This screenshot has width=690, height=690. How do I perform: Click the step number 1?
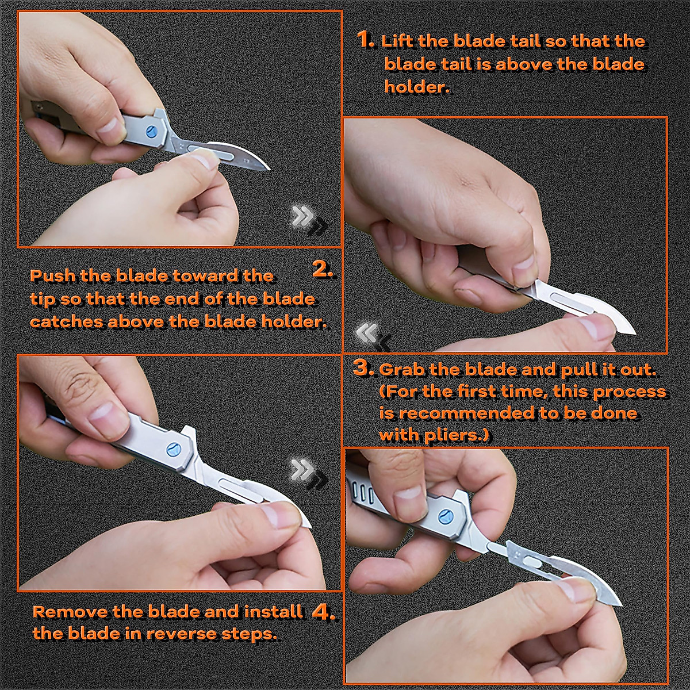point(366,40)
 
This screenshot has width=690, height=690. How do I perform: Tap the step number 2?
point(323,270)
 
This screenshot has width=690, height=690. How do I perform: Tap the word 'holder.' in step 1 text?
point(417,87)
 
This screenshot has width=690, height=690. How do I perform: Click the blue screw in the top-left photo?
point(151,132)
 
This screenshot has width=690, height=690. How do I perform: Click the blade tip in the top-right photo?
point(635,333)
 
